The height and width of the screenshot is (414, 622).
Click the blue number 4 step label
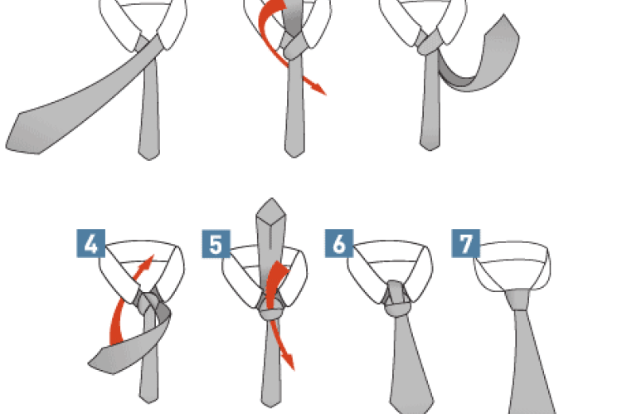coord(91,243)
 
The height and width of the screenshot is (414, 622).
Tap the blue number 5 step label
coord(216,244)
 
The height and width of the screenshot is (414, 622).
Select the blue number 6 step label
coord(339,243)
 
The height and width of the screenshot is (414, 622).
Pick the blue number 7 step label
coord(466,243)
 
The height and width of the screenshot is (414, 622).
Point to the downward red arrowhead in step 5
coord(289,361)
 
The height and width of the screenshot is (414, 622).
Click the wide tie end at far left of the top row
coord(24,133)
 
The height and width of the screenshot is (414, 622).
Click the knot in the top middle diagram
coord(294,46)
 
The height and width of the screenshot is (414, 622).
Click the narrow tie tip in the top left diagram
coord(149,152)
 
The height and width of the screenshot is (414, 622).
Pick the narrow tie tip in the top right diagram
coord(430,143)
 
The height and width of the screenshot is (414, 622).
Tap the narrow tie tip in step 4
coord(149,396)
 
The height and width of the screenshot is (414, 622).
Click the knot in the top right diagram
coord(429,45)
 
